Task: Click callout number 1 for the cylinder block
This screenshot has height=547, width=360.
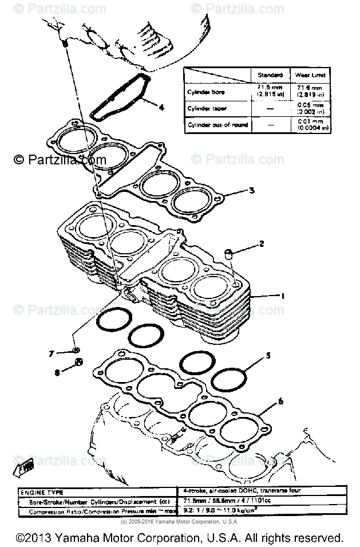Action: click(x=281, y=296)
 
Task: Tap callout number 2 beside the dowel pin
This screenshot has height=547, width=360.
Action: click(x=262, y=244)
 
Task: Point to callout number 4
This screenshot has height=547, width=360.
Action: click(x=161, y=107)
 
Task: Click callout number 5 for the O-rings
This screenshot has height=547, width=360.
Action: click(x=267, y=356)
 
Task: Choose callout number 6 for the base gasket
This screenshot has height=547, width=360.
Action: click(x=280, y=402)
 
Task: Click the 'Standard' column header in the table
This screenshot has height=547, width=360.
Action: click(x=270, y=75)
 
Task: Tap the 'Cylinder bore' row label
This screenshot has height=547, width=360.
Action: click(x=206, y=92)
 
